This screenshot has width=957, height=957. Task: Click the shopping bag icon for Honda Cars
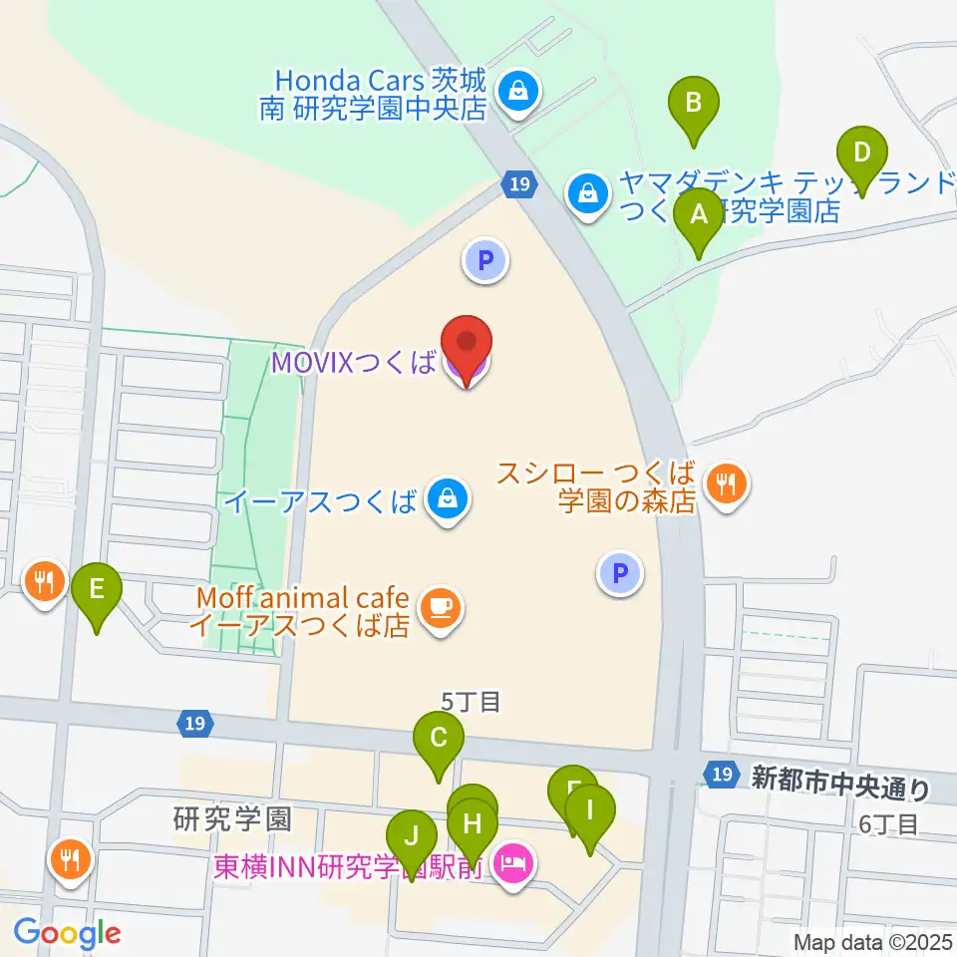click(518, 93)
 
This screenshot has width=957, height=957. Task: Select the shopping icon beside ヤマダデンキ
click(588, 194)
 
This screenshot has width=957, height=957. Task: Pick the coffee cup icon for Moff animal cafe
click(439, 608)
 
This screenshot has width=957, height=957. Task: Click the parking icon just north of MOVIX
click(485, 262)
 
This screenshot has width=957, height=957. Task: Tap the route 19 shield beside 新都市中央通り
click(721, 774)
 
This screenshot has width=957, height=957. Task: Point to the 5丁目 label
click(471, 702)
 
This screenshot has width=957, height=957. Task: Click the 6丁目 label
click(886, 822)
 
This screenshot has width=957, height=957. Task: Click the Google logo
click(68, 934)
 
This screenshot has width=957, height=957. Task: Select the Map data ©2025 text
click(873, 942)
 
